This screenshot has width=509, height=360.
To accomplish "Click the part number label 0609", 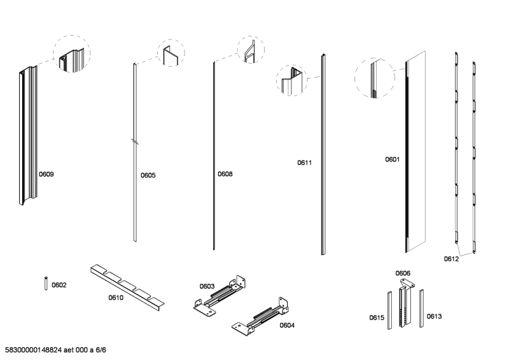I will click(46, 174).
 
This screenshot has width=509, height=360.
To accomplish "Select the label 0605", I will click(148, 175).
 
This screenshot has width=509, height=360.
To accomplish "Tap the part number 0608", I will click(225, 174).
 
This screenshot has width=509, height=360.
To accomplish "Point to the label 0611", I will click(305, 163).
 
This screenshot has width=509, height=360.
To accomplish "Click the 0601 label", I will click(392, 160).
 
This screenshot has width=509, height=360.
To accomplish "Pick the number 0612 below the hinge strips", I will click(451, 259).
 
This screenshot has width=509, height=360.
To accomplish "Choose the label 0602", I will click(59, 286).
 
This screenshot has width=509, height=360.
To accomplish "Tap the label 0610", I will click(116, 297).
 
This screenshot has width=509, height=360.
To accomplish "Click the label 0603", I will click(207, 286).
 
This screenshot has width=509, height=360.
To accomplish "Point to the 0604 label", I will click(287, 325).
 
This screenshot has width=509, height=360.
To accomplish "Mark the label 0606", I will click(403, 273).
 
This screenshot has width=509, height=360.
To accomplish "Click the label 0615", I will click(377, 317).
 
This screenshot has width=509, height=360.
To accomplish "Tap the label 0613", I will click(434, 316).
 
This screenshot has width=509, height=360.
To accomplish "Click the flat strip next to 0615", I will click(390, 308).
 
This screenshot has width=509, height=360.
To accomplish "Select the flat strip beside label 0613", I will click(421, 308).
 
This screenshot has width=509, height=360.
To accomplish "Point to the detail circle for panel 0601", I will click(373, 78).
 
